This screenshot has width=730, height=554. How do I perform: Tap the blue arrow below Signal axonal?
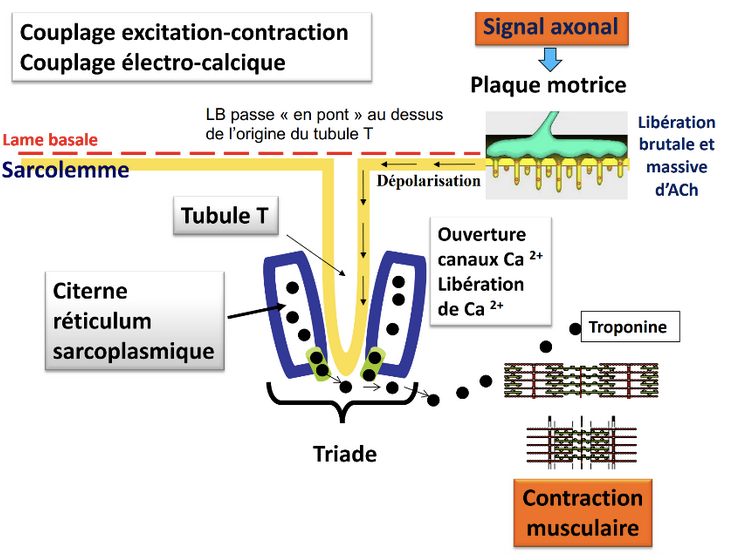pos(550,58)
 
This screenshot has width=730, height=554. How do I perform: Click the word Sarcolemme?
pos(66,170)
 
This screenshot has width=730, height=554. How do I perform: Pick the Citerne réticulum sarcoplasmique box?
pos(134,323)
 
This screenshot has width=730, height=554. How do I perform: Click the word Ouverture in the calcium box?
pos(481,235)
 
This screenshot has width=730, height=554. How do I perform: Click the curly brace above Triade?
pos(343,404)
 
